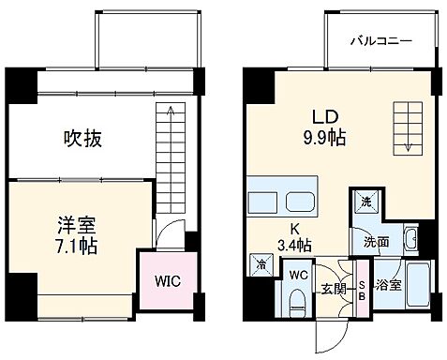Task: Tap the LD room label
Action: coord(325,118)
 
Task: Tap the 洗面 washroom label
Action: coord(378,241)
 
